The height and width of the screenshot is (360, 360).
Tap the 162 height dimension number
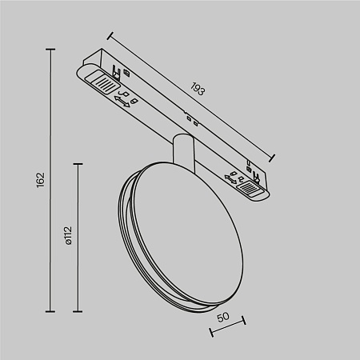(42, 181)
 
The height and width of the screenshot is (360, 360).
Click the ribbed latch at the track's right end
(251, 190)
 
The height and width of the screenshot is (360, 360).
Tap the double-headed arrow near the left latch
(123, 99)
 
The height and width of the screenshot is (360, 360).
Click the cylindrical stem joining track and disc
(182, 153)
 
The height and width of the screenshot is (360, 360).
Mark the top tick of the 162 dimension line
(50, 50)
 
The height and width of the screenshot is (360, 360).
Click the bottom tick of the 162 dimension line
(50, 311)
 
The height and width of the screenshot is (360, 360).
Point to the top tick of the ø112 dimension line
(78, 164)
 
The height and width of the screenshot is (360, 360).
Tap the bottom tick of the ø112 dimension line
(78, 311)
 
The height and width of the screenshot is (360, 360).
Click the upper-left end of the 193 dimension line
(109, 35)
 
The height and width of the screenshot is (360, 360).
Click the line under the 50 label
(226, 328)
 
